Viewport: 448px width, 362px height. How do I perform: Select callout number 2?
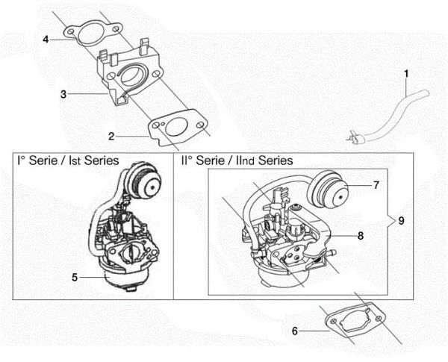[111, 136]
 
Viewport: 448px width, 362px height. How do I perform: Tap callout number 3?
[64, 94]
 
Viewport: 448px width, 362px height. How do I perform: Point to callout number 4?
[46, 39]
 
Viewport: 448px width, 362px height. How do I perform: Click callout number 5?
[75, 277]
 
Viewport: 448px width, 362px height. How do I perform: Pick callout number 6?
[295, 330]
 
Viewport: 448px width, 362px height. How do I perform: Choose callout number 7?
[376, 183]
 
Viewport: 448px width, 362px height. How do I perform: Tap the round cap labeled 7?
[334, 192]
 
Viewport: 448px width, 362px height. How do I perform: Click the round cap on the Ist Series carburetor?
[142, 181]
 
